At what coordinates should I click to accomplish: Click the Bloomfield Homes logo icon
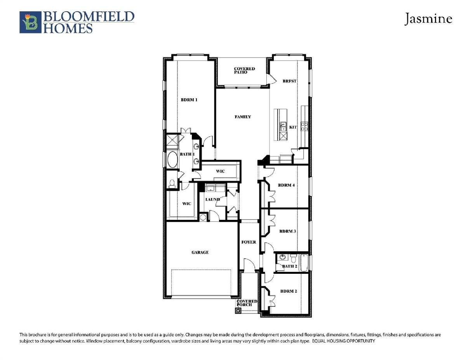pyautogui.click(x=30, y=22)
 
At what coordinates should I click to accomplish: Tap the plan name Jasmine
pyautogui.click(x=428, y=19)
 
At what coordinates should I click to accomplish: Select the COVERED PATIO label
pyautogui.click(x=244, y=70)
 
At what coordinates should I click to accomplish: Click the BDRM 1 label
pyautogui.click(x=189, y=100)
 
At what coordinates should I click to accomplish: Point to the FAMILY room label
pyautogui.click(x=243, y=117)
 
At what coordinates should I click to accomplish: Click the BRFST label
pyautogui.click(x=290, y=81)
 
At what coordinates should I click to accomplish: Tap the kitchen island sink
pyautogui.click(x=283, y=126)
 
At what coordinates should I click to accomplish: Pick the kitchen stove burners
pyautogui.click(x=304, y=126)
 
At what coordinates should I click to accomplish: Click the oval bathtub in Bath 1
pyautogui.click(x=172, y=160)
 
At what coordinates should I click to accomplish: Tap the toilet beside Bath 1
pyautogui.click(x=172, y=184)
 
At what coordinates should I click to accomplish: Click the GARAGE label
pyautogui.click(x=200, y=252)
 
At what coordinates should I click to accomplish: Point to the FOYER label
pyautogui.click(x=249, y=242)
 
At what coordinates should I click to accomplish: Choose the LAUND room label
pyautogui.click(x=212, y=199)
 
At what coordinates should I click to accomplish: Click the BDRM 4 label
pyautogui.click(x=286, y=185)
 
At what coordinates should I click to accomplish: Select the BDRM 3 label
pyautogui.click(x=288, y=231)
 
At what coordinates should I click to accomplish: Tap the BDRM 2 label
pyautogui.click(x=289, y=291)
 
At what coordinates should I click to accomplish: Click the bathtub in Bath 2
pyautogui.click(x=304, y=263)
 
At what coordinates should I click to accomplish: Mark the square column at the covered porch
pyautogui.click(x=238, y=310)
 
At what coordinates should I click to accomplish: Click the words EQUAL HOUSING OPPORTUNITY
pyautogui.click(x=344, y=341)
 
